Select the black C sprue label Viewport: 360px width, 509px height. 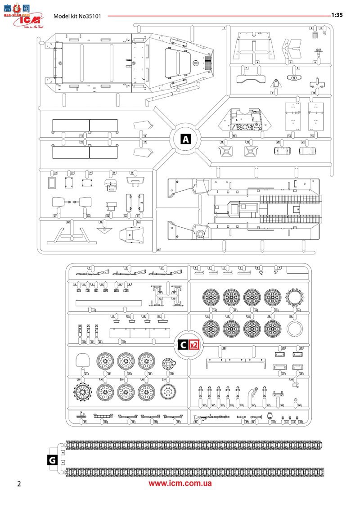(x=183, y=345)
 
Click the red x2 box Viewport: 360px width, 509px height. (x=194, y=345)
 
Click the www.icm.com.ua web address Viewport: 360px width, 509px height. (x=180, y=484)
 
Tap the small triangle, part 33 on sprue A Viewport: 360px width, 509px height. (x=103, y=230)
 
